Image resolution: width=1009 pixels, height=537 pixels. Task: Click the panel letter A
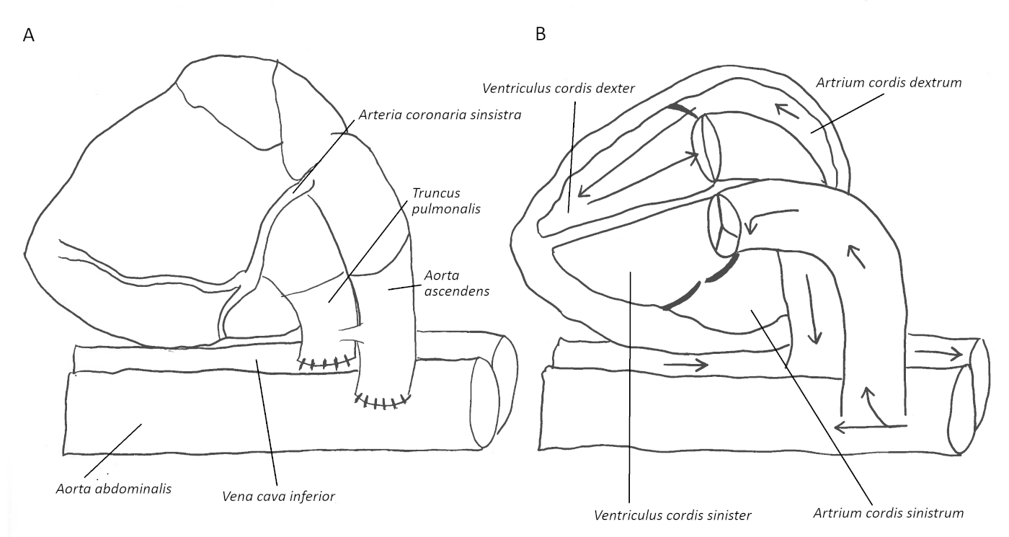(x=29, y=36)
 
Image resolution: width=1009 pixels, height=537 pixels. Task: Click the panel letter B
(x=541, y=34)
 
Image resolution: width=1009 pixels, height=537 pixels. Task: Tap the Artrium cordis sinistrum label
(x=888, y=513)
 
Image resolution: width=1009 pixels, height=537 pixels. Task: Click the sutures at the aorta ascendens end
(x=383, y=401)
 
